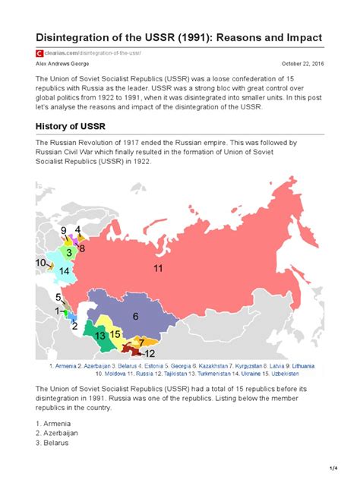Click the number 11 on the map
click(x=158, y=269)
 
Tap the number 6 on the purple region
click(x=135, y=316)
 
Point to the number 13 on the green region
click(x=99, y=335)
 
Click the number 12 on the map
click(x=150, y=354)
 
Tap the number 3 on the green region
click(x=69, y=251)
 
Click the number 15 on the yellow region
click(x=115, y=333)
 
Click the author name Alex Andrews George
click(x=58, y=64)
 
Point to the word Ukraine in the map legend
click(x=263, y=374)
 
